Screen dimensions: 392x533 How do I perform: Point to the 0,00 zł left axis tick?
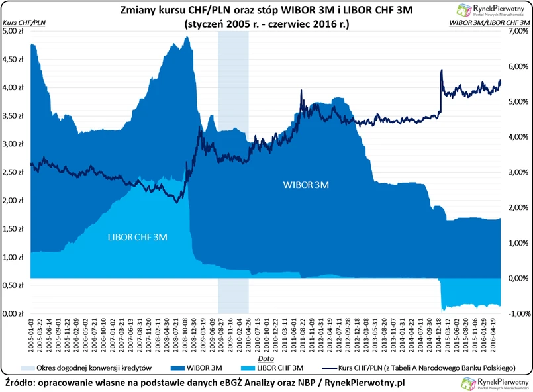[x=14, y=313]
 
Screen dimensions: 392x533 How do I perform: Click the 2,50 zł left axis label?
[x=14, y=172]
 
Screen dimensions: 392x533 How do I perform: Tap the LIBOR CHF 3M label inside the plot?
[x=137, y=236]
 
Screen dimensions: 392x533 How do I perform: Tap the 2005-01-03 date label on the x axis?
[x=32, y=331]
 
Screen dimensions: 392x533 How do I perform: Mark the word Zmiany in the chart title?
[x=140, y=11]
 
